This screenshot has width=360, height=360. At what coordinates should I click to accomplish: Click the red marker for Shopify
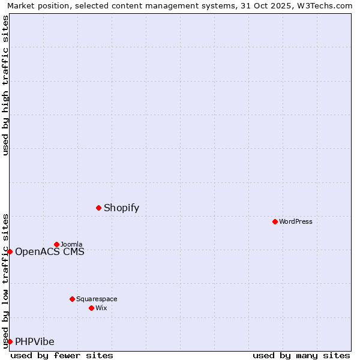pyautogui.click(x=98, y=208)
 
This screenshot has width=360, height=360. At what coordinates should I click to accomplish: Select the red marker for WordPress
pyautogui.click(x=275, y=221)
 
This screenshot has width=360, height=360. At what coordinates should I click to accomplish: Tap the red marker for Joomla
pyautogui.click(x=56, y=244)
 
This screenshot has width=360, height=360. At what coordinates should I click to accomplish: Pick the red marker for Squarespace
pyautogui.click(x=72, y=299)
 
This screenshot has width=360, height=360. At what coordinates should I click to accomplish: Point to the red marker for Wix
pyautogui.click(x=91, y=308)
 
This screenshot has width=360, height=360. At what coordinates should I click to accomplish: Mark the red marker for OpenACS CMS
pyautogui.click(x=10, y=251)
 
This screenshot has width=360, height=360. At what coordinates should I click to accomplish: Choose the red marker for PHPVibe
pyautogui.click(x=10, y=341)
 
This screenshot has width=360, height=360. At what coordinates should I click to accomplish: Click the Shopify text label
pyautogui.click(x=121, y=208)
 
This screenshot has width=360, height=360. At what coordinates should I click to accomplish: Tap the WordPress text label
pyautogui.click(x=296, y=222)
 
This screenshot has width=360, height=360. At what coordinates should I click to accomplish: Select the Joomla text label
pyautogui.click(x=71, y=245)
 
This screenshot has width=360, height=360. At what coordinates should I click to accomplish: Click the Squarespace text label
pyautogui.click(x=97, y=299)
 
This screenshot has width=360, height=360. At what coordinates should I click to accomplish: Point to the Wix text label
pyautogui.click(x=101, y=308)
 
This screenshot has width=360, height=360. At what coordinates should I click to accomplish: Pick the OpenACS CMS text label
pyautogui.click(x=50, y=252)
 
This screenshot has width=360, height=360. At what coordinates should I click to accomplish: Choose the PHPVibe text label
pyautogui.click(x=35, y=342)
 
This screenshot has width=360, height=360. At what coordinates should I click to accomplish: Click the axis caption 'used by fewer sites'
pyautogui.click(x=62, y=355)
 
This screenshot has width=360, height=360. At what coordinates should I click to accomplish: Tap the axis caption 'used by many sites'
pyautogui.click(x=301, y=355)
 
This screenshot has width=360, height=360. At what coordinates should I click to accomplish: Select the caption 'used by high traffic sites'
pyautogui.click(x=6, y=85)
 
